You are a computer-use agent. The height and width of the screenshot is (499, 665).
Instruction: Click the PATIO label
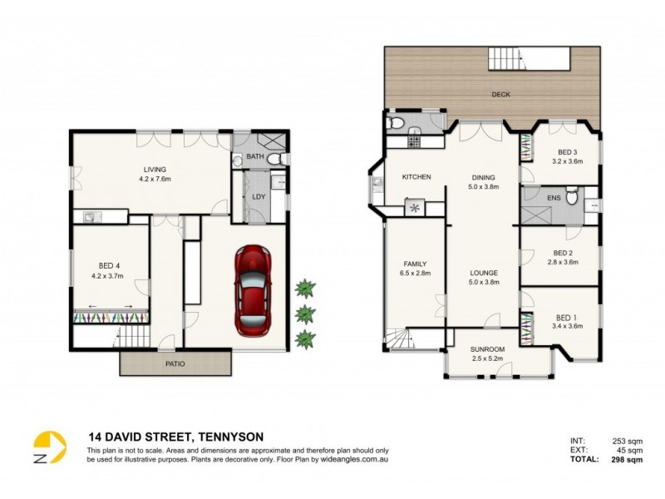pos(175,363)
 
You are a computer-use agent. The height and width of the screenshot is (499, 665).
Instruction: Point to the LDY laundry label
pos(258,196)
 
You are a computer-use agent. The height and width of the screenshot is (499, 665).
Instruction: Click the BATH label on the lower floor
pos(254,156)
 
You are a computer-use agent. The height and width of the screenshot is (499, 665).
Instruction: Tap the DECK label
pos(500,95)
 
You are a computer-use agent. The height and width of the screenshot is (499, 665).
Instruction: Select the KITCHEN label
pos(416,177)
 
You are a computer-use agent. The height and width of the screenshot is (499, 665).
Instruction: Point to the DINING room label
pos(483,177)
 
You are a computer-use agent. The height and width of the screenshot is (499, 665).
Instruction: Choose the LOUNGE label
pos(483,273)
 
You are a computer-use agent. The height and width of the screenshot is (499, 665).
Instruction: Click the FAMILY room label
pos(415,264)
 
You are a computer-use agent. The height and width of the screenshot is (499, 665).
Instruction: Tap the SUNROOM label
pos(487,349)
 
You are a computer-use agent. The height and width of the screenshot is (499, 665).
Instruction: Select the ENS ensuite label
pos(554,197)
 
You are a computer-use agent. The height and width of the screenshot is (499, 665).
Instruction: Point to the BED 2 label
pos(563,253)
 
